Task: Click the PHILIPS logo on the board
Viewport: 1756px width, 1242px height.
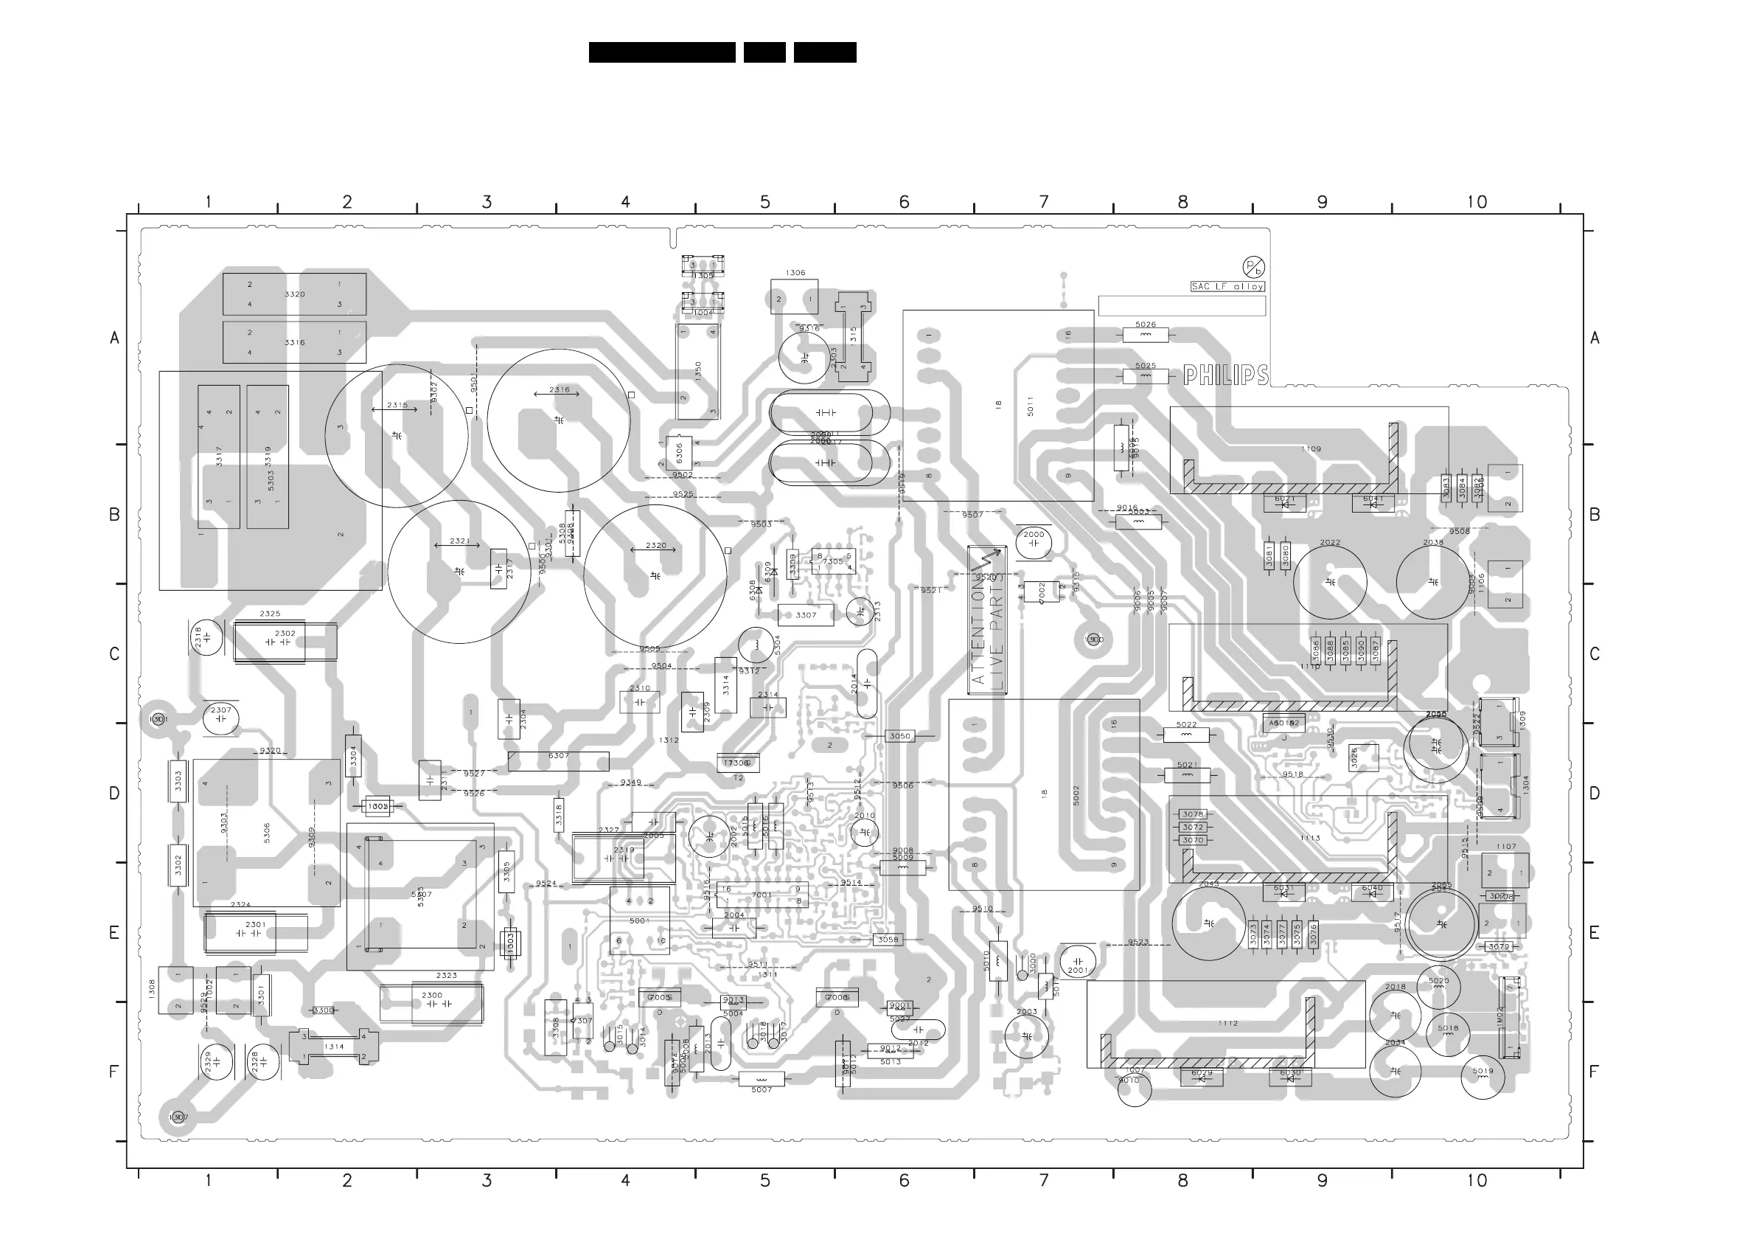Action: pos(1225,375)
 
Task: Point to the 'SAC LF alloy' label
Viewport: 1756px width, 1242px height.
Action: pos(1227,286)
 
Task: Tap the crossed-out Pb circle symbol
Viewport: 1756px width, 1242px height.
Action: pos(1253,267)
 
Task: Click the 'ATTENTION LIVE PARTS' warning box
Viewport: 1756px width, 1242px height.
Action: pos(987,620)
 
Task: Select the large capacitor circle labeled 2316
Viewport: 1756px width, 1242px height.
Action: pos(559,420)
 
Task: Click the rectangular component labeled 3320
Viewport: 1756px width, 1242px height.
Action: pos(294,294)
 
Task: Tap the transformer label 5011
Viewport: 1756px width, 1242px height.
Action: pos(1030,406)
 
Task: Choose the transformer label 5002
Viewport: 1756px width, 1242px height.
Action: pos(1076,795)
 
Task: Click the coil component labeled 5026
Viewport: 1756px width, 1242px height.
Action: pos(1145,334)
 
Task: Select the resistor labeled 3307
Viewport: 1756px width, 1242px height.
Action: pos(805,615)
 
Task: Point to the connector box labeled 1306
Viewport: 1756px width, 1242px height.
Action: pos(794,297)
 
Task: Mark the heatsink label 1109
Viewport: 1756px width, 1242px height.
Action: pos(1311,449)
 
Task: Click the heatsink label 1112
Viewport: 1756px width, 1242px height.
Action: pos(1227,1023)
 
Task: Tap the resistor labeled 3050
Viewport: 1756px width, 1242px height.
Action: pos(899,736)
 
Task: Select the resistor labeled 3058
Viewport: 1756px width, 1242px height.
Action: pos(887,940)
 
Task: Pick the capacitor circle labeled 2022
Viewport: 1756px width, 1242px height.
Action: pos(1330,583)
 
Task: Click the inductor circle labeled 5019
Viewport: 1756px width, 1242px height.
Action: pos(1483,1077)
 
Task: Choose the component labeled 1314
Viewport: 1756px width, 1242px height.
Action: pos(333,1047)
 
